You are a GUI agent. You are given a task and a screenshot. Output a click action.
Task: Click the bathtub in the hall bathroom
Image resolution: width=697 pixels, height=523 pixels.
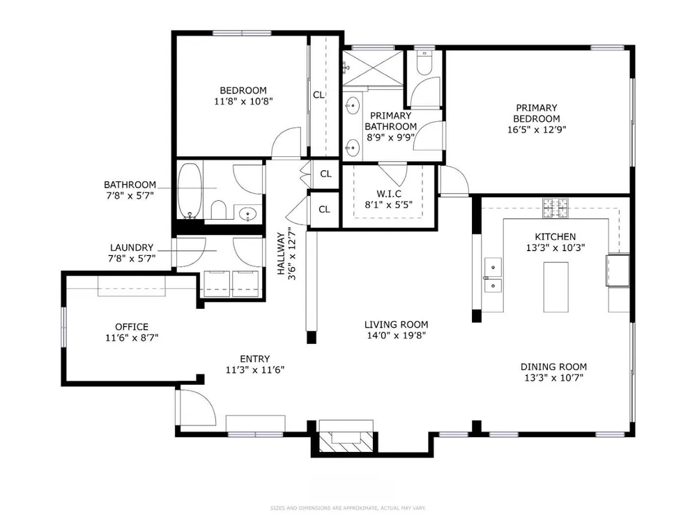[190, 191]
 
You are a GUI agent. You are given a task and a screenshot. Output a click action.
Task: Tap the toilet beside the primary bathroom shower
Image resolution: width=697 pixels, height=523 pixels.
[424, 63]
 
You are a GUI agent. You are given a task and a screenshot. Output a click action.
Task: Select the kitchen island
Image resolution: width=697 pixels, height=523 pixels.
[556, 287]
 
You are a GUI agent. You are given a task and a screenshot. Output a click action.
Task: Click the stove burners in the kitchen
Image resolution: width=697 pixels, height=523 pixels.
[556, 208]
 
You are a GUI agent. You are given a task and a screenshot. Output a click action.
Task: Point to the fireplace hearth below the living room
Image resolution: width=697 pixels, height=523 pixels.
[346, 441]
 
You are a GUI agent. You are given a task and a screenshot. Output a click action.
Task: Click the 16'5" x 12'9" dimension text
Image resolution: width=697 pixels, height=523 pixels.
[537, 130]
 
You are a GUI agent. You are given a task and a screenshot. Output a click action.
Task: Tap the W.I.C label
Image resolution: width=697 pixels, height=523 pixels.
[389, 194]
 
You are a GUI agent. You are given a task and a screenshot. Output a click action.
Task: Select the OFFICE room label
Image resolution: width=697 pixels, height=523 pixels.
[132, 327]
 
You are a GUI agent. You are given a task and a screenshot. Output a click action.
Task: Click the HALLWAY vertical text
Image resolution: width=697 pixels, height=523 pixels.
[282, 254]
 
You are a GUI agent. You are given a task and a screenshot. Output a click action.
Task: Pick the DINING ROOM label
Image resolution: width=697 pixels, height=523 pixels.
[553, 367]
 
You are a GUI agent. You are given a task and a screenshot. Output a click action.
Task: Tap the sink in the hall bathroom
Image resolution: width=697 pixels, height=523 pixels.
[247, 215]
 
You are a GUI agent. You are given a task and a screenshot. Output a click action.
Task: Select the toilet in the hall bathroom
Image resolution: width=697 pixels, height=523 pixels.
[218, 210]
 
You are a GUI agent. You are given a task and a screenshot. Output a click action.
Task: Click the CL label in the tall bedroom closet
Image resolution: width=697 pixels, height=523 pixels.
[319, 95]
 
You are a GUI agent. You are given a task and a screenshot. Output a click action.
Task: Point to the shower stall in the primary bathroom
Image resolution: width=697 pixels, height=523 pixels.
[372, 68]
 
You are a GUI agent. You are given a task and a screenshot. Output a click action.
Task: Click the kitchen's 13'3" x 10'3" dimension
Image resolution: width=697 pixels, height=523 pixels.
[556, 248]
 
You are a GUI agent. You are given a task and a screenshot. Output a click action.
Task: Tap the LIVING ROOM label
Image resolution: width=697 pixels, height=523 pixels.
[396, 325]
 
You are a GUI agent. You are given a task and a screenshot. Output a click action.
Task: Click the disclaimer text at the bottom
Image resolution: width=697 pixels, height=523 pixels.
[348, 508]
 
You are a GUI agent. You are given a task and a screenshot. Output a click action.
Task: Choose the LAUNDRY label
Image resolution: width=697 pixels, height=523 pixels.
[132, 248]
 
